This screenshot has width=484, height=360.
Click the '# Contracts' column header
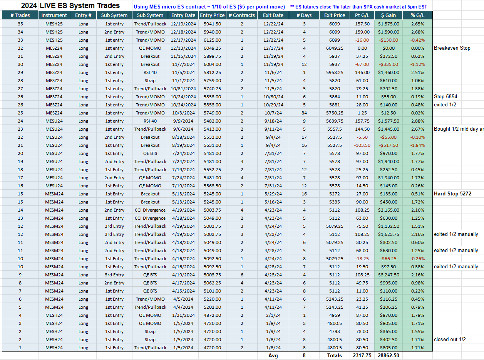click(241, 15)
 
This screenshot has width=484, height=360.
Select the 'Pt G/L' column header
click(362, 15)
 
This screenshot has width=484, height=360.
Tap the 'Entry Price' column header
click(212, 15)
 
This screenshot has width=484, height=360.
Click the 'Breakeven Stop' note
click(452, 48)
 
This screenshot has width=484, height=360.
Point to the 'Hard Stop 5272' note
click(452, 194)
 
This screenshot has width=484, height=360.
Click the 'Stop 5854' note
click(445, 97)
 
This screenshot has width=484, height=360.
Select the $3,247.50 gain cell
click(389, 275)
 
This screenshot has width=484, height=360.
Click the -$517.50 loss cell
click(389, 145)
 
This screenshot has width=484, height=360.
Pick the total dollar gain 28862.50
click(389, 355)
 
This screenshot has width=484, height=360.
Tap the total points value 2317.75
click(362, 355)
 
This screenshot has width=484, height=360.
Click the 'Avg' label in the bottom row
click(273, 356)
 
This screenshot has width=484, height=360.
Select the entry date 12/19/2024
click(183, 24)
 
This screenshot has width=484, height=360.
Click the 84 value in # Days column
click(304, 113)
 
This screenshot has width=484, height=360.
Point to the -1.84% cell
click(417, 145)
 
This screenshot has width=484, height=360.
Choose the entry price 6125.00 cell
click(212, 40)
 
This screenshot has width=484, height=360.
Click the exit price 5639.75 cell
click(335, 121)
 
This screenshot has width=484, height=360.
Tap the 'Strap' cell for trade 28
click(150, 81)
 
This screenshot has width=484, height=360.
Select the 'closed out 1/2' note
click(450, 339)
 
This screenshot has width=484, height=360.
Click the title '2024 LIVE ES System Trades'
click(70, 5)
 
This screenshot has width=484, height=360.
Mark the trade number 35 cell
click(20, 24)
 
